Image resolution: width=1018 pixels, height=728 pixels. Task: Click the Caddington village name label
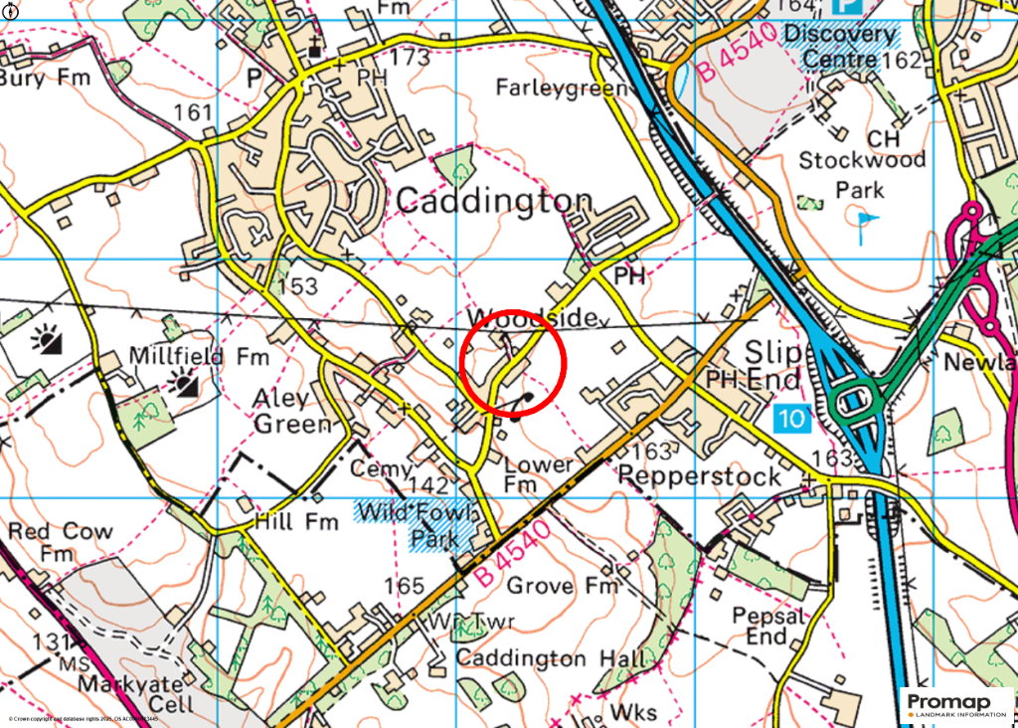(x=494, y=202)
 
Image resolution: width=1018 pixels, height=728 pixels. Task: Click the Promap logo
(x=956, y=704)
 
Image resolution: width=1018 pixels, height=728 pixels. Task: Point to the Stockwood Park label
(x=862, y=174)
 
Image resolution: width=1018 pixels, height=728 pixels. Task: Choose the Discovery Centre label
(x=840, y=47)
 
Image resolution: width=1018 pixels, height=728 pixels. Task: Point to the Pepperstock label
(x=700, y=476)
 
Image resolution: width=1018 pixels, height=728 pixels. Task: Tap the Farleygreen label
(x=561, y=88)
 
